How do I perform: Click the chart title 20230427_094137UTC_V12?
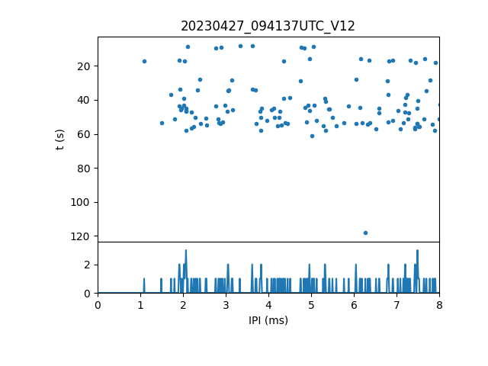(x=268, y=26)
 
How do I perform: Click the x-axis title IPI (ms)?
(x=268, y=320)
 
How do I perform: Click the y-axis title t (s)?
(x=60, y=140)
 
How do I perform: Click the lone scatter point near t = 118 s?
(x=365, y=233)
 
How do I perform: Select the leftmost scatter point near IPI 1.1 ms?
(x=144, y=62)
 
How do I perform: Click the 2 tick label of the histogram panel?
(x=88, y=265)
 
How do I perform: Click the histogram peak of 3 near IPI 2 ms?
(x=185, y=251)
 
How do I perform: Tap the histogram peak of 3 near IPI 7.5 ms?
(x=417, y=251)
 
